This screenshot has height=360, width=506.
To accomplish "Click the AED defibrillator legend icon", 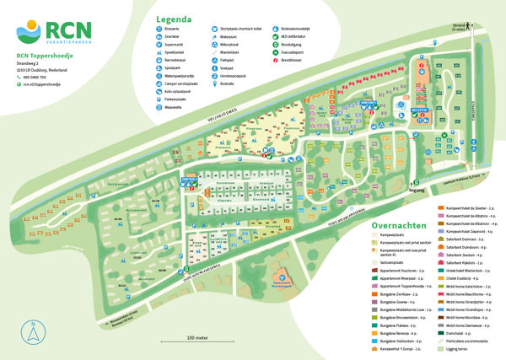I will pyautogui.click(x=275, y=38).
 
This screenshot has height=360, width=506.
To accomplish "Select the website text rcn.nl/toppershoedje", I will pyautogui.click(x=44, y=84).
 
